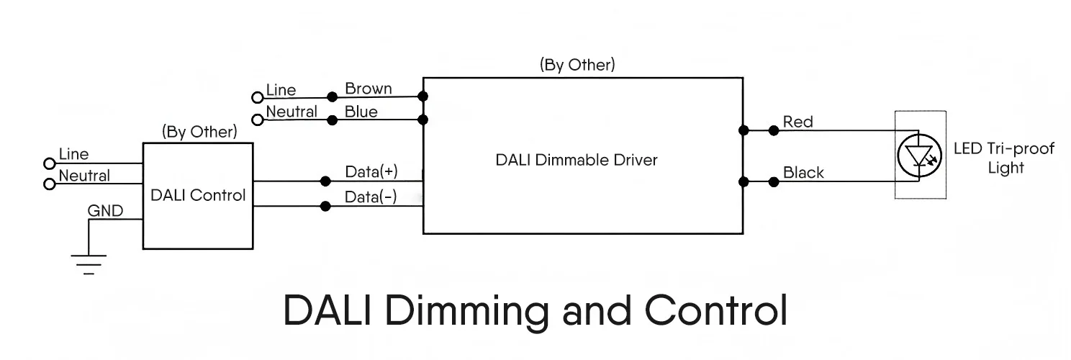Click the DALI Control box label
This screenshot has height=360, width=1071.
click(x=198, y=195)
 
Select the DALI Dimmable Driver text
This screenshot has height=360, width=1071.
click(x=576, y=160)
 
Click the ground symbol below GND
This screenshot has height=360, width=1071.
click(x=88, y=264)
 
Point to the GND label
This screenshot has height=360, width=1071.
click(x=105, y=211)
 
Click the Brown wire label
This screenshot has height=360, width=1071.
click(x=369, y=89)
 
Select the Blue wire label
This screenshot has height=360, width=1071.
click(x=361, y=112)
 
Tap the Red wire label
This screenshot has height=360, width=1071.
click(x=797, y=122)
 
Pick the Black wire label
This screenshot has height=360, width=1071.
click(x=803, y=173)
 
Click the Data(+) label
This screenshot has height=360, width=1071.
click(x=371, y=172)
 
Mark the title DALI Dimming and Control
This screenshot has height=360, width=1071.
click(x=535, y=310)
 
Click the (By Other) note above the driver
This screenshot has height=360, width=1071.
click(x=577, y=64)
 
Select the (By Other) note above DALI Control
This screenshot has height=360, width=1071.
click(x=199, y=132)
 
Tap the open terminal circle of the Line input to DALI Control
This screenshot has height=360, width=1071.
click(x=50, y=163)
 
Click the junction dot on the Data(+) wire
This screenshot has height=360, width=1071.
click(x=325, y=181)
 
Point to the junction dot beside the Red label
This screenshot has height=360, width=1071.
click(x=773, y=130)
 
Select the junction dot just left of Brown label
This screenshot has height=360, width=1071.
click(x=332, y=96)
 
